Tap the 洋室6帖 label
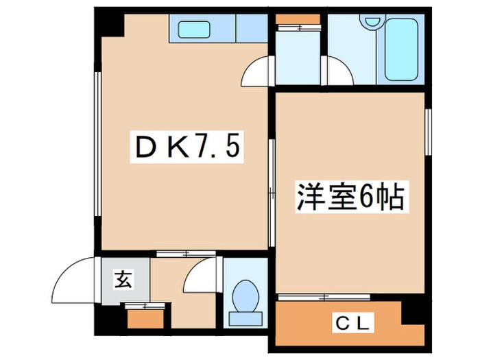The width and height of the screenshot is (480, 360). tap(353, 198)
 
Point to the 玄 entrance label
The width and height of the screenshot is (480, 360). tap(123, 279)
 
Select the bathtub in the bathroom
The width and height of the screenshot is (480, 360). tap(402, 49)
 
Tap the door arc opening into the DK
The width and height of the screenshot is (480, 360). tap(258, 73)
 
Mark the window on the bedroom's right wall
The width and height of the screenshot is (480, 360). tap(428, 130)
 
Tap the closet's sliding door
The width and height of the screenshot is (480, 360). tap(324, 297)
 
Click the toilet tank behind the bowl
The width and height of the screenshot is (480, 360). tap(245, 317)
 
